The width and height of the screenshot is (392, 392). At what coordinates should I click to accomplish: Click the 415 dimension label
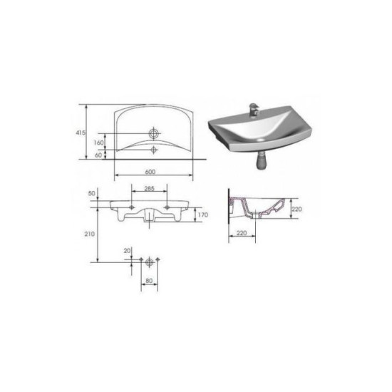pos(81,133)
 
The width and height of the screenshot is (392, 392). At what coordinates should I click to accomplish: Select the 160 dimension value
pos(98,143)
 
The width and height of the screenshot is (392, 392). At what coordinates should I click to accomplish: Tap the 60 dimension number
pos(98,155)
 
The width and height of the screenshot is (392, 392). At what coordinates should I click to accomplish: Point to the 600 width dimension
pos(150,172)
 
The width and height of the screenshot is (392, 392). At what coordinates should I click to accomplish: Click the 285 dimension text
pos(149,188)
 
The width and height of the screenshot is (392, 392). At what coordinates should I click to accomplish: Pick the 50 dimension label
pos(92,193)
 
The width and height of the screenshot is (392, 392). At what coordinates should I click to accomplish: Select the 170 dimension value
pos(202,215)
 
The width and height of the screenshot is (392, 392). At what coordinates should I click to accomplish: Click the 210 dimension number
pos(90,234)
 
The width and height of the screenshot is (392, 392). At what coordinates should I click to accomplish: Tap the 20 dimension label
pos(128,250)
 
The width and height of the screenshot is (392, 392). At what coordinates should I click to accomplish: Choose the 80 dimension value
pos(149,281)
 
